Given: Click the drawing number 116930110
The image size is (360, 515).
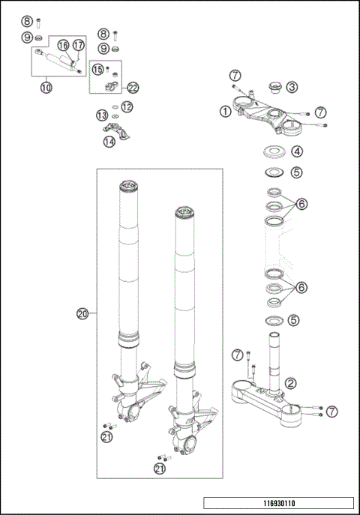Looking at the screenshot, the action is pyautogui.click(x=279, y=503).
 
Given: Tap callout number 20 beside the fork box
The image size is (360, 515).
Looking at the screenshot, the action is pyautogui.click(x=82, y=314).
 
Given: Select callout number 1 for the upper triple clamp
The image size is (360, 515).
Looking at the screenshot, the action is pyautogui.click(x=225, y=112).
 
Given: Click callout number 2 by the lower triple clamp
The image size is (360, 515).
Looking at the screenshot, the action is pyautogui.click(x=291, y=383).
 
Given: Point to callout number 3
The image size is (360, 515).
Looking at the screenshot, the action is pyautogui.click(x=292, y=87).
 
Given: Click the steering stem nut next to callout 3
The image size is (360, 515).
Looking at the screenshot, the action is pyautogui.click(x=275, y=88).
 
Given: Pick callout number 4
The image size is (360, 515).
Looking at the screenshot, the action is pyautogui.click(x=296, y=151).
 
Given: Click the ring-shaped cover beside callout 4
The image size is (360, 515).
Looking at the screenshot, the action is pyautogui.click(x=274, y=152).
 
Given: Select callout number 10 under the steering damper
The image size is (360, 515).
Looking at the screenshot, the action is pyautogui.click(x=46, y=88).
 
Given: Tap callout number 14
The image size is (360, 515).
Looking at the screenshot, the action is pyautogui.click(x=109, y=142).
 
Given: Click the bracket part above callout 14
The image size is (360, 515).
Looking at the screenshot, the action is pyautogui.click(x=116, y=130).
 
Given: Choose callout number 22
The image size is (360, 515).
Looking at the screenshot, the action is pyautogui.click(x=133, y=88).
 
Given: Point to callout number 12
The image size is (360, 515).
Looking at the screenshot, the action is pyautogui.click(x=127, y=107).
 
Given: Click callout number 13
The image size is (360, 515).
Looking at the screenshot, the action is pyautogui.click(x=102, y=115).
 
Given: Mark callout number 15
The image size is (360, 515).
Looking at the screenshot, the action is pyautogui.click(x=97, y=69).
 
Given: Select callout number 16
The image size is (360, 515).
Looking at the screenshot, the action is pyautogui.click(x=64, y=45).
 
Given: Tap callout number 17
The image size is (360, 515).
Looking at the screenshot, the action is pyautogui.click(x=78, y=45).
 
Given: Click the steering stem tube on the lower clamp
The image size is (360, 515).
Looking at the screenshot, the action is pyautogui.click(x=274, y=361).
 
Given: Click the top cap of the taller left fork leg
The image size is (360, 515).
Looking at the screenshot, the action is pyautogui.click(x=128, y=186).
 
